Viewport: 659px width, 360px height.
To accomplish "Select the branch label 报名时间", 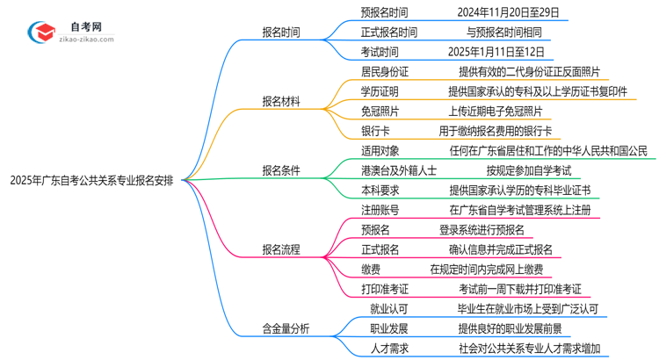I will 280,32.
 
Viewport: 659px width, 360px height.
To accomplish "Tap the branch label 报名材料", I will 280,102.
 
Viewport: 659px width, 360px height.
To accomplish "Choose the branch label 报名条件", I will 280,170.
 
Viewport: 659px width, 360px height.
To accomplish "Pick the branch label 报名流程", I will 280,249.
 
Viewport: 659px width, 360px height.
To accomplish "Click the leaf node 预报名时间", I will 384,13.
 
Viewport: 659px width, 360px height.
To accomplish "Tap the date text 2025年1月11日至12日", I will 496,52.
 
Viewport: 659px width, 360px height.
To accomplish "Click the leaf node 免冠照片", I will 380,112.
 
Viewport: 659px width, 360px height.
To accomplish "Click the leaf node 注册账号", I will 380,210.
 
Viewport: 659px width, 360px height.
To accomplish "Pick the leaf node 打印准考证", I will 385,289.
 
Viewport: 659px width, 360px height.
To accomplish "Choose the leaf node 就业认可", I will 380,309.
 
